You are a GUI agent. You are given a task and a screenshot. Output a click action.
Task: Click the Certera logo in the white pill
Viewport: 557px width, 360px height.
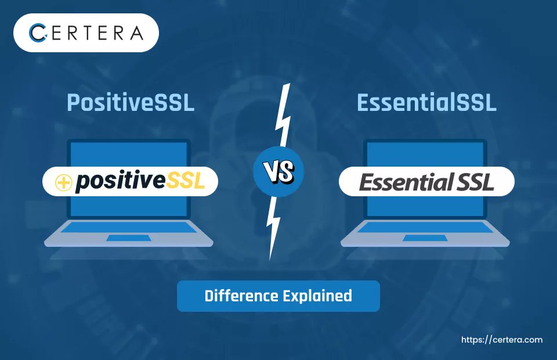[x=85, y=33]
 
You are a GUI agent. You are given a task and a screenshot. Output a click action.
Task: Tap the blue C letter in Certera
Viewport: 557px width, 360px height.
[x=38, y=33]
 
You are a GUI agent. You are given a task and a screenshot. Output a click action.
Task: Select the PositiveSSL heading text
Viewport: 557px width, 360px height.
[x=130, y=102]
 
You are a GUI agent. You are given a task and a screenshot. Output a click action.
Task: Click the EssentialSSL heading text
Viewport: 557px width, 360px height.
[x=426, y=102]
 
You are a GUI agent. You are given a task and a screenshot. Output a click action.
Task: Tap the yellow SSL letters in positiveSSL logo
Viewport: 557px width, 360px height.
[x=186, y=181]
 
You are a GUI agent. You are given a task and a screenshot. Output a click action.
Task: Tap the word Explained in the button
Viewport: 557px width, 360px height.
[x=317, y=296]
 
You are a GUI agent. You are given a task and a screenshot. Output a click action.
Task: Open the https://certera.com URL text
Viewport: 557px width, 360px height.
[x=501, y=340]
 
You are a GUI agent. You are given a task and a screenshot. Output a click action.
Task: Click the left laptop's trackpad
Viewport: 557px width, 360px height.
[x=128, y=238]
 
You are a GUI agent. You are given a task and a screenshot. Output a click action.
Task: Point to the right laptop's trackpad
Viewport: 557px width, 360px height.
[x=425, y=238]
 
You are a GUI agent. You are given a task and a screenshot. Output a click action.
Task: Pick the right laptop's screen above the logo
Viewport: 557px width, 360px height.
[x=425, y=153]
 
